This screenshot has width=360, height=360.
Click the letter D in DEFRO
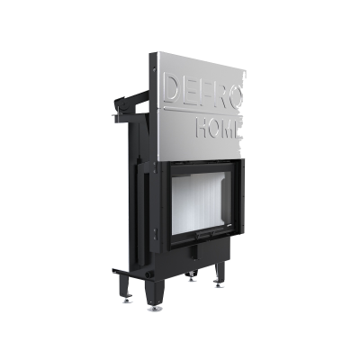pyautogui.click(x=173, y=88)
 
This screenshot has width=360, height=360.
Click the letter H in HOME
pyautogui.click(x=202, y=127)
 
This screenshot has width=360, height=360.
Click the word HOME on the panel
pyautogui.click(x=219, y=129)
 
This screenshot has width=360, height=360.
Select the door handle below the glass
pyautogui.click(x=210, y=233)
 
